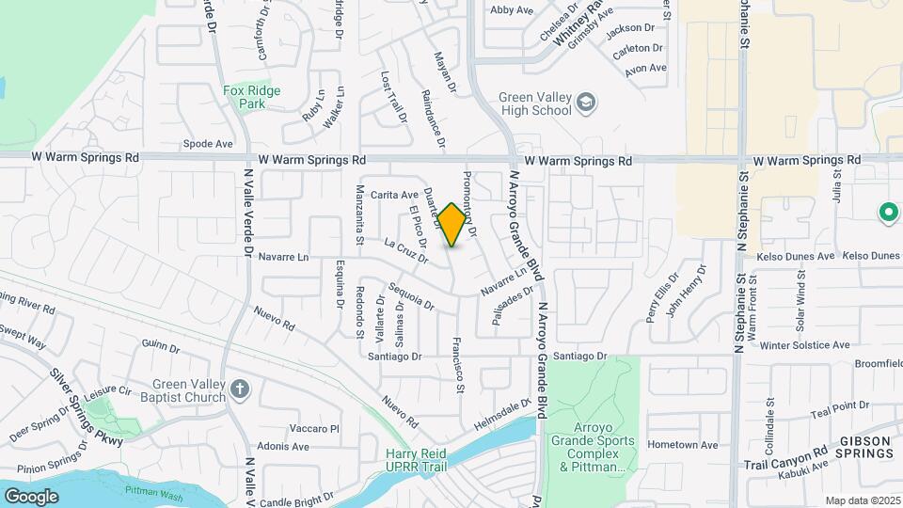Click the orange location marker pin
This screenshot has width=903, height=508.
point(451,224)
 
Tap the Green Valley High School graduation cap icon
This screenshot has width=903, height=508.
point(586,102)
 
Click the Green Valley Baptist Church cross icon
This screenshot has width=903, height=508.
point(240,389)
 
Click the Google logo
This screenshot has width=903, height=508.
point(31,496)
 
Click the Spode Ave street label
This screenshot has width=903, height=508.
point(208,144)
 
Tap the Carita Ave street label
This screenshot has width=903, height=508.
point(394,195)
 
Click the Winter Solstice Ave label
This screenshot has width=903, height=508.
point(805,345)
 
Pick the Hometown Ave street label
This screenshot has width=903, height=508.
point(683,445)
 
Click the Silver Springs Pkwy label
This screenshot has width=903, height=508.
point(88,405)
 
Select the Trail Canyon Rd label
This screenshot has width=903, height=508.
point(784,457)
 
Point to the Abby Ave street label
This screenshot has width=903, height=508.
point(512,10)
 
